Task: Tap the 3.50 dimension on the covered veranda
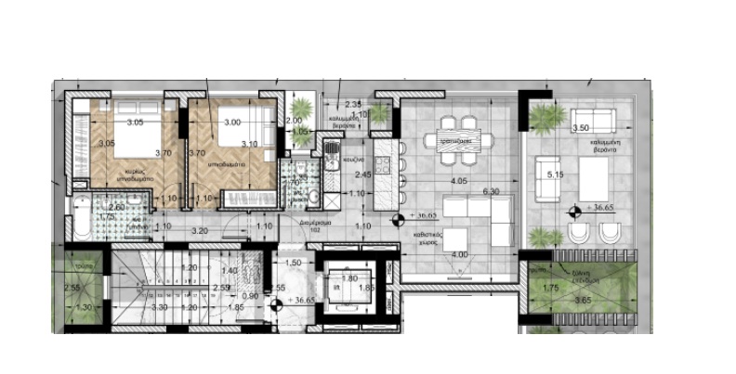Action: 582,127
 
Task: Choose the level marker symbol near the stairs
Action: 276,300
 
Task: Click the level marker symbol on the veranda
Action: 571,208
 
